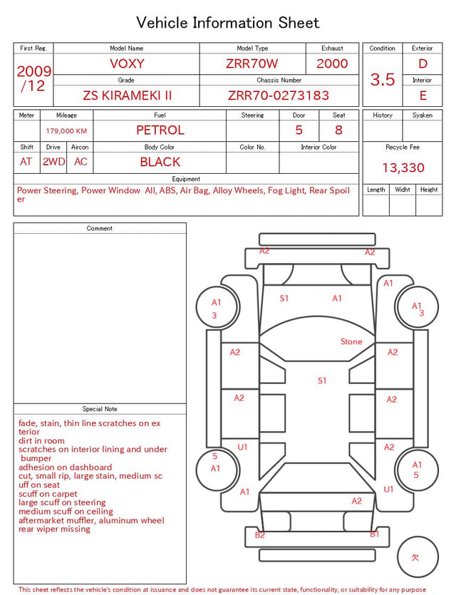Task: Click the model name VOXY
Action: click(x=127, y=63)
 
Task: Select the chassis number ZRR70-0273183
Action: click(x=279, y=95)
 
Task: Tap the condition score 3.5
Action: click(x=383, y=80)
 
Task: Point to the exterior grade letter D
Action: click(x=423, y=63)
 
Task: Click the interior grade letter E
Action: click(x=423, y=95)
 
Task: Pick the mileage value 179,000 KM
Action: click(x=66, y=131)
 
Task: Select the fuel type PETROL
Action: click(x=160, y=130)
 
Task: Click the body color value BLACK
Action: click(x=160, y=162)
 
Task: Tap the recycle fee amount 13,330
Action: click(x=403, y=167)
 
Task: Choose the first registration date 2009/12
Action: click(x=33, y=78)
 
